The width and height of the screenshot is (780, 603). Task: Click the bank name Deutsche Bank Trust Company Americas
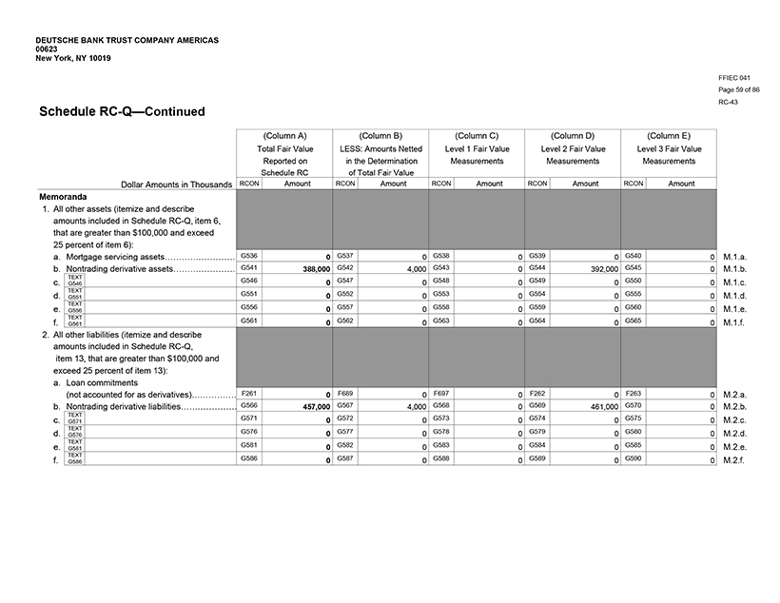click(x=127, y=41)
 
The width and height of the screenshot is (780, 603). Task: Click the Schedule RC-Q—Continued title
click(x=122, y=111)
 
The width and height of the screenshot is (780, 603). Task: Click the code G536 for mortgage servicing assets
click(x=249, y=256)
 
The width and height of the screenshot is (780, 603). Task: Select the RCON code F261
click(x=249, y=392)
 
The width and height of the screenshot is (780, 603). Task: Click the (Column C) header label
click(x=477, y=136)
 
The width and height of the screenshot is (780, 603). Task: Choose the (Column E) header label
click(x=669, y=136)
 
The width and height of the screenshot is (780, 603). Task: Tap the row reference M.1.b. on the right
click(x=737, y=270)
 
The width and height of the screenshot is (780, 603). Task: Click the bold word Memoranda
click(x=64, y=196)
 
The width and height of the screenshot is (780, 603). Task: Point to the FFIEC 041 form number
click(x=735, y=77)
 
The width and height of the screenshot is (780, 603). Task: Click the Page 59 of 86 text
click(x=739, y=89)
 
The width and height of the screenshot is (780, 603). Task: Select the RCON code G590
click(x=634, y=458)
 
